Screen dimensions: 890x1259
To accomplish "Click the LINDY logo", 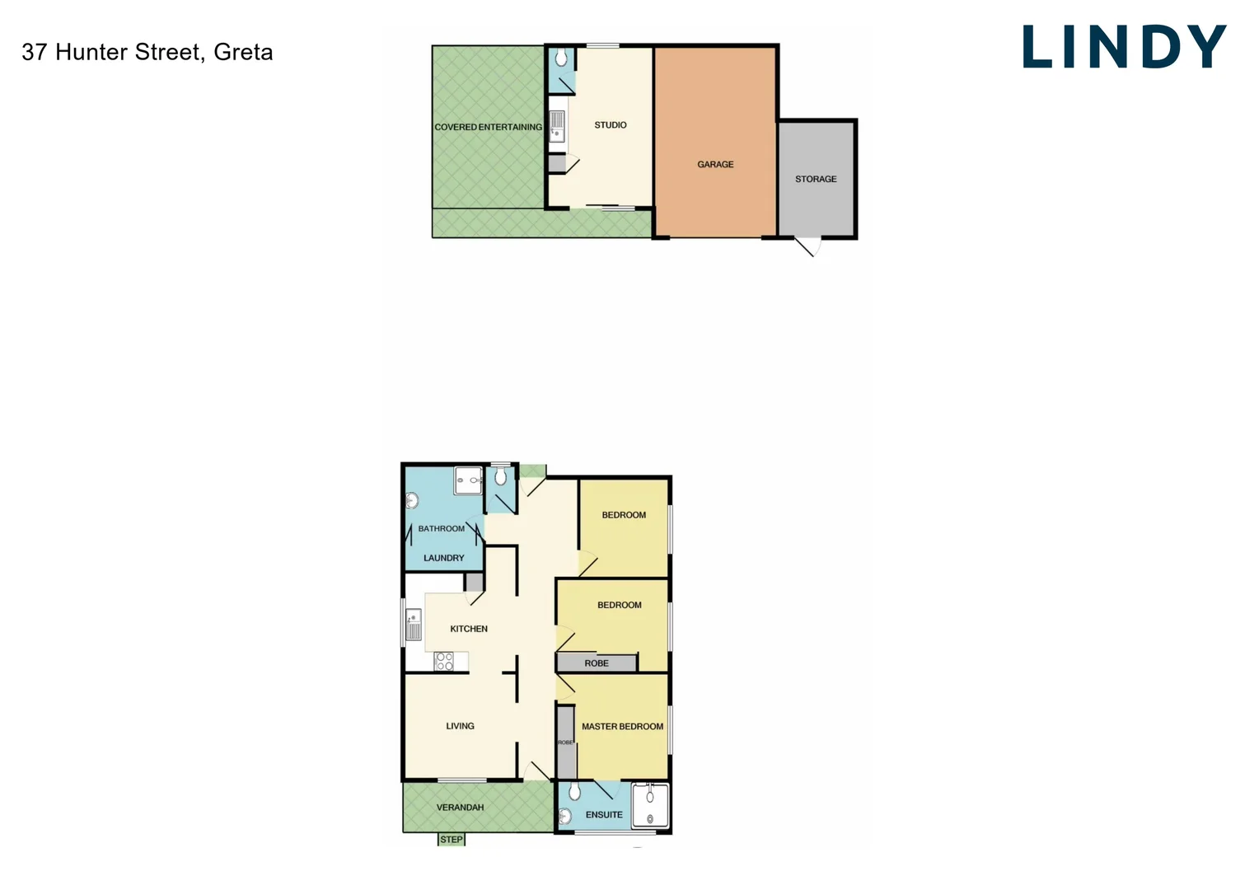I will [1124, 47].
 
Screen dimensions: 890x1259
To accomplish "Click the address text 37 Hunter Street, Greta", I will [147, 52].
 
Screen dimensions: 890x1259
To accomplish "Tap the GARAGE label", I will [715, 165].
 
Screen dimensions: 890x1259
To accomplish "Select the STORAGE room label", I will [816, 179].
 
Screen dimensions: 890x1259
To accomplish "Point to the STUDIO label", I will [611, 125].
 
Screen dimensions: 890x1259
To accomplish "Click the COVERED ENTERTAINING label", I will [488, 127].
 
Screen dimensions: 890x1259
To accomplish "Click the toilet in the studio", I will [561, 58].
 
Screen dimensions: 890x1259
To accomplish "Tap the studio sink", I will [557, 126].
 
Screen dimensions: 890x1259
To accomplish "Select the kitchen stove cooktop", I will [443, 661].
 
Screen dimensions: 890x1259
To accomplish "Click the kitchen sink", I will [413, 624].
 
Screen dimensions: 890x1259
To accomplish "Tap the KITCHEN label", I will [469, 629].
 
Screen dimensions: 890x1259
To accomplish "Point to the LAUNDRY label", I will [443, 558].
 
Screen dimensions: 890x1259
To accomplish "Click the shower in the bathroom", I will [468, 480].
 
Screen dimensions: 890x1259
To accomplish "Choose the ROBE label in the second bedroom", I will [597, 663].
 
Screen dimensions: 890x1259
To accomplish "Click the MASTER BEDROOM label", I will [622, 727].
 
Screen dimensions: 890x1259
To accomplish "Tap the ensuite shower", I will [650, 805].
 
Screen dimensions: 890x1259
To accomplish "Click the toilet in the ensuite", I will [574, 792].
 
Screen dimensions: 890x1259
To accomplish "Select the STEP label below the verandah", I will [452, 840].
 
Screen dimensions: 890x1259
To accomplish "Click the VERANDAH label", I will [460, 808].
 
